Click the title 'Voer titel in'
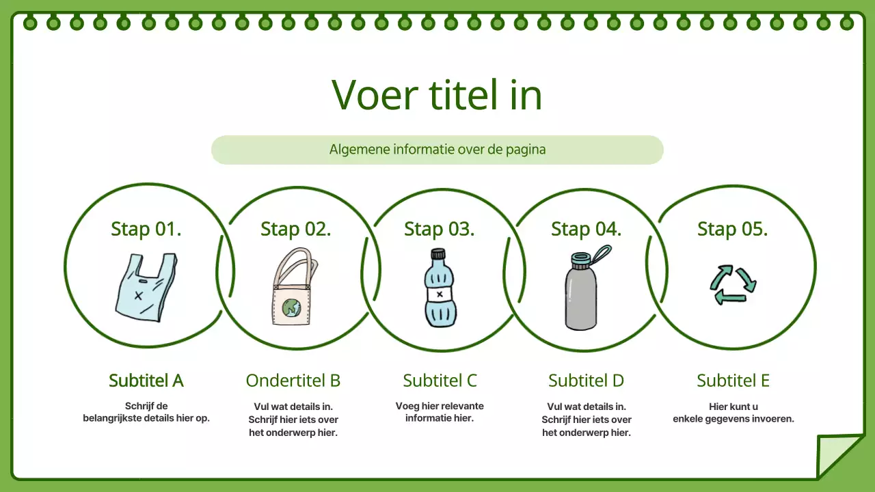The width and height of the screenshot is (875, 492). tap(437, 95)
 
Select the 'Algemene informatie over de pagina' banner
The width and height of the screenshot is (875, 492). tap(437, 150)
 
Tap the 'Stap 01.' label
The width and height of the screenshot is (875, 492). tap(146, 229)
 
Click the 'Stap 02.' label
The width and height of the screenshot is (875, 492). tap(295, 229)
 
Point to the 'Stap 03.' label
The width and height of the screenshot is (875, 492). tap(439, 229)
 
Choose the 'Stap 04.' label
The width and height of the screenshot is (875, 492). tap(586, 229)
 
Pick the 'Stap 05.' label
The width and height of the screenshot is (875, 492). tap(732, 229)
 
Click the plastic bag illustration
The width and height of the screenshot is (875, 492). tap(145, 288)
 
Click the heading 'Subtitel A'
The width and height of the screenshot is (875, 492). tap(146, 381)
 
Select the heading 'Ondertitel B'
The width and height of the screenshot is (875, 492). tap(293, 381)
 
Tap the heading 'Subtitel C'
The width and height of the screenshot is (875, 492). tap(440, 381)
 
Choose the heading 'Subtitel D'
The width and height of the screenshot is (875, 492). tap(586, 381)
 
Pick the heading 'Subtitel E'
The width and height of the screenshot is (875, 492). tap(733, 381)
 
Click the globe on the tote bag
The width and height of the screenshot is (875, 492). tap(292, 308)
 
